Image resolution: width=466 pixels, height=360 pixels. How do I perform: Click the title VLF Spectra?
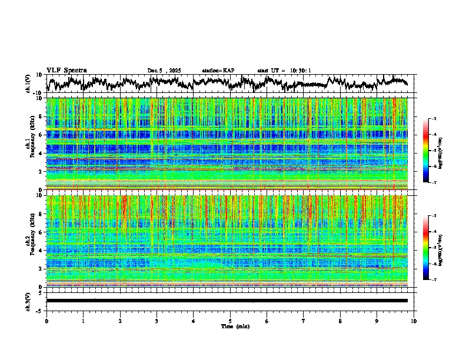[66, 70]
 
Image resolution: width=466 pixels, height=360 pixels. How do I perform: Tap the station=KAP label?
[218, 71]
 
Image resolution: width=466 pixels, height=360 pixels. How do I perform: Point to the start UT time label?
[284, 71]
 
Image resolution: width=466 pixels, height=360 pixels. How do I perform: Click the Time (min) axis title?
[230, 326]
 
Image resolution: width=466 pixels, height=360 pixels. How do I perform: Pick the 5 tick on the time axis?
[230, 321]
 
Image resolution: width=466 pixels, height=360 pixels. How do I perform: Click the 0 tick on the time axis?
[46, 321]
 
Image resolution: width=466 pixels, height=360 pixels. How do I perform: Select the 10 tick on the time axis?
[414, 321]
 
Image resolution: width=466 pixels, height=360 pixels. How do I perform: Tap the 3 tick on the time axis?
[157, 321]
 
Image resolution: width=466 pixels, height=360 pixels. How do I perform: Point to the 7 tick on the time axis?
[304, 321]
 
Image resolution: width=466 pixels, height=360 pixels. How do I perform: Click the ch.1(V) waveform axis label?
[28, 84]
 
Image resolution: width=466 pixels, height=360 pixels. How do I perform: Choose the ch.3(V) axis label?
[28, 300]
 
